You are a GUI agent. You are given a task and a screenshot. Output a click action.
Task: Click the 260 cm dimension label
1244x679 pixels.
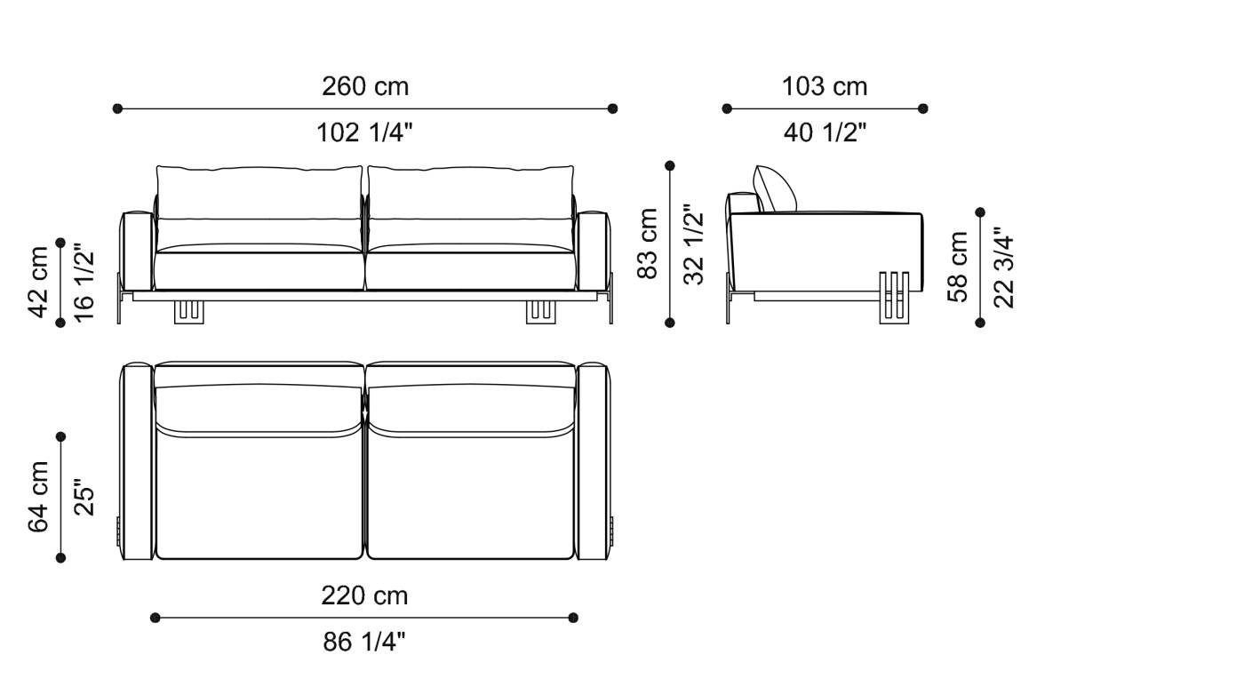tap(365, 86)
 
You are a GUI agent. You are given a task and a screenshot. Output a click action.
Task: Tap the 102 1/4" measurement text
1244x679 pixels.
tap(365, 132)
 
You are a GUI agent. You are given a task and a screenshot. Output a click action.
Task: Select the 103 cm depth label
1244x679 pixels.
tap(825, 86)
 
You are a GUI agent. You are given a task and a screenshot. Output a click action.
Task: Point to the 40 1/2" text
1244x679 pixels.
tap(825, 132)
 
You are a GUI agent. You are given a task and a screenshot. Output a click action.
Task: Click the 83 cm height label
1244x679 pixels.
tap(649, 244)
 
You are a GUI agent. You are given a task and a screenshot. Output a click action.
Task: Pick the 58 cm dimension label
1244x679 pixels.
tap(958, 267)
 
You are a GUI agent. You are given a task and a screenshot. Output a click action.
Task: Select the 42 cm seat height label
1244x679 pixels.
tap(39, 281)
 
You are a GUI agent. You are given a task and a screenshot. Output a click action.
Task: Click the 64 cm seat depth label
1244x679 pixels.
tap(39, 497)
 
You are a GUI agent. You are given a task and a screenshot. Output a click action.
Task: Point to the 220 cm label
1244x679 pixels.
tap(364, 595)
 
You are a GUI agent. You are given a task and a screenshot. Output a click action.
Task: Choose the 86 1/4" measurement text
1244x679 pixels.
tap(364, 641)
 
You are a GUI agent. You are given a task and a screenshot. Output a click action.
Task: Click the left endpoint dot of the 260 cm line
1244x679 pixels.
tap(117, 108)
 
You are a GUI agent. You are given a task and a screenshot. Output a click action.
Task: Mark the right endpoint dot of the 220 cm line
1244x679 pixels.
tap(573, 617)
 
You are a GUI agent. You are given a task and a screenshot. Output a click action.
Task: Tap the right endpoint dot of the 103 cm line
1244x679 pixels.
tap(923, 108)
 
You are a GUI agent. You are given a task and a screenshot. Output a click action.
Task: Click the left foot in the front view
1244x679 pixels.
tap(188, 311)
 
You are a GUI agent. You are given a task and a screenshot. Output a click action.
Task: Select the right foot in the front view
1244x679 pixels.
tap(542, 311)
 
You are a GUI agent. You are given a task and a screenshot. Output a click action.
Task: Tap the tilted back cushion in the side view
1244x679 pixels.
tap(775, 189)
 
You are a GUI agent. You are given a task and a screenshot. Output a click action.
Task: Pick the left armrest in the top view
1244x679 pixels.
tap(137, 461)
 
